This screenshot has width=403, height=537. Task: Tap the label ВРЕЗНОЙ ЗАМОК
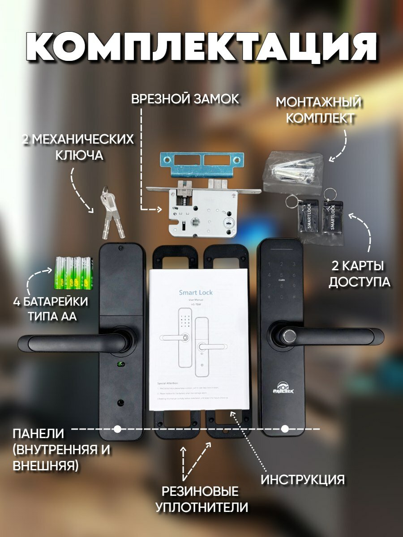185,99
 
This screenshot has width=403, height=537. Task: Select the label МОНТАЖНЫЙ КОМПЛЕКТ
318,110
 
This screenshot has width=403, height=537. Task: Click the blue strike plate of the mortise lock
201,163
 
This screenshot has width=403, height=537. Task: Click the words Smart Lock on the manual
196,293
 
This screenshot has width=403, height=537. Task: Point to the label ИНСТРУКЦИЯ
303,480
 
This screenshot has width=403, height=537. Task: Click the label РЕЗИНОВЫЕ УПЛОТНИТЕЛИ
201,499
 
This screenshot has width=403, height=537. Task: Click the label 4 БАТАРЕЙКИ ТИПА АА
50,309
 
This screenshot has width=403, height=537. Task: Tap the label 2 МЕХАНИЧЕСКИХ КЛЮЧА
78,147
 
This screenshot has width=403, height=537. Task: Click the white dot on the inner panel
117,429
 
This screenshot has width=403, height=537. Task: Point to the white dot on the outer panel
285,429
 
